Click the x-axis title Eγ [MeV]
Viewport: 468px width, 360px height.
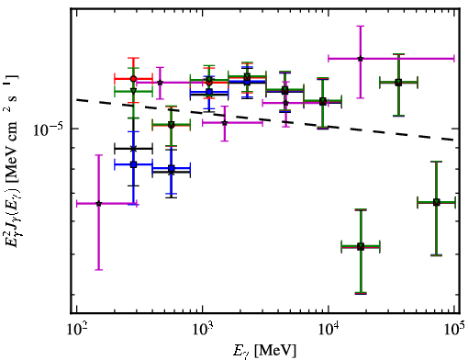264,351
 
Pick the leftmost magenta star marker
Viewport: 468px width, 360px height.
98,204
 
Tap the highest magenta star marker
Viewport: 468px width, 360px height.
361,58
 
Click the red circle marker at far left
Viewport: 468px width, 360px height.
133,79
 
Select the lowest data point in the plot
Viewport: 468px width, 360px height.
361,246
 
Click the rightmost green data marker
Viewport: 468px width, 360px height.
437,202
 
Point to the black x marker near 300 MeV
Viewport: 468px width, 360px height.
133,149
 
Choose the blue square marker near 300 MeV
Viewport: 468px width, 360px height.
133,164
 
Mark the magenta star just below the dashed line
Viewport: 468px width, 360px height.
225,123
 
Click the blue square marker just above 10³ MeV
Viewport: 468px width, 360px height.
209,92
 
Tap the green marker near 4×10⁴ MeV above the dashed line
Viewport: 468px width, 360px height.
398,83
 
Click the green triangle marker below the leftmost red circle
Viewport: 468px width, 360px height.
133,91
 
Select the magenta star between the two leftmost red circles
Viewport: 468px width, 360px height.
160,83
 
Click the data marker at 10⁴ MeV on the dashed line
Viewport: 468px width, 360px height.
322,102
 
